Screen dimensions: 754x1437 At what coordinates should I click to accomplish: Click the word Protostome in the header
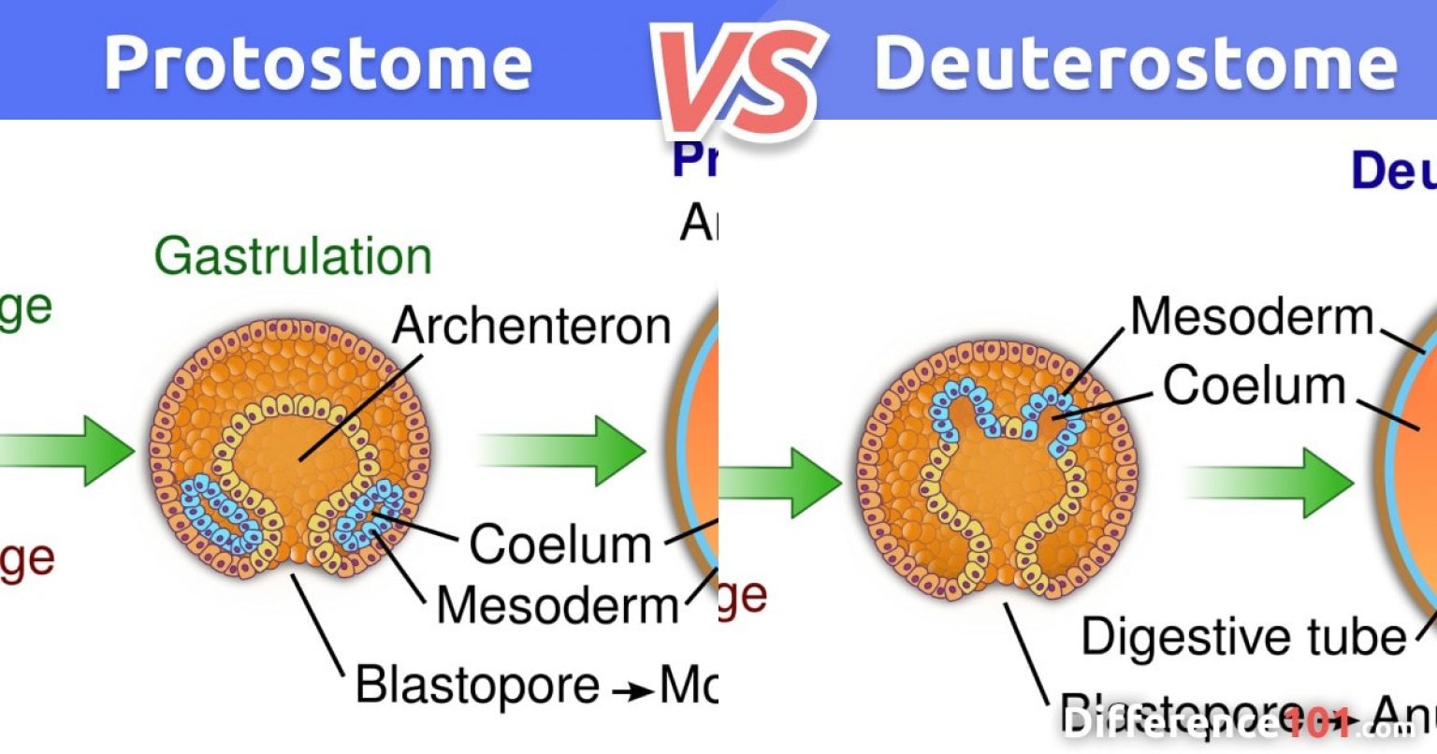(x=318, y=64)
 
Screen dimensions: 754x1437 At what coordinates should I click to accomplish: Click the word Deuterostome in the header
(x=1135, y=64)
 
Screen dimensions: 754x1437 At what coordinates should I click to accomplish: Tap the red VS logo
(x=739, y=80)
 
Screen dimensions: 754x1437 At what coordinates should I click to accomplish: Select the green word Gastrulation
(x=293, y=256)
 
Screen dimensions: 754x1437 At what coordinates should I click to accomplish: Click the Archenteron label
(x=531, y=326)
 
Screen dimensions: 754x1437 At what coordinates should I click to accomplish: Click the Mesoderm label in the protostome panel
(x=558, y=605)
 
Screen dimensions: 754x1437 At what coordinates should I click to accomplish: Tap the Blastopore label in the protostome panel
(x=477, y=685)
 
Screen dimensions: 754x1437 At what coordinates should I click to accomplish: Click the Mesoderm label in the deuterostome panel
(x=1252, y=317)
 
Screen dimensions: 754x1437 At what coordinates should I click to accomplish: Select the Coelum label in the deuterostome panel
(x=1254, y=385)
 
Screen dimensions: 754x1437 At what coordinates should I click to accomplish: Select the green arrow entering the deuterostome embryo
(x=781, y=483)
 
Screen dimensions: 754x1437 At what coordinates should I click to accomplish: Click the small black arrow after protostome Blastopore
(x=632, y=691)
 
